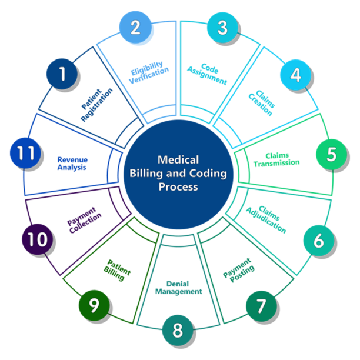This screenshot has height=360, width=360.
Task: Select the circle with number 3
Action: click(222, 28)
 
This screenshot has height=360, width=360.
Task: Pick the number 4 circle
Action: click(295, 75)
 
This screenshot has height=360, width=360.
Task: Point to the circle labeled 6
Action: click(318, 240)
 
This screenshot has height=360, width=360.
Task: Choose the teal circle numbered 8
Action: click(178, 330)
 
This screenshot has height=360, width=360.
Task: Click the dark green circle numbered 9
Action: click(94, 306)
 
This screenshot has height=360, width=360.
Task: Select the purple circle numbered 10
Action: click(37, 240)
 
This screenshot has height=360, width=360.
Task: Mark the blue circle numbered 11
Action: click(25, 154)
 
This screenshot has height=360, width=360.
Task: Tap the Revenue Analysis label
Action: click(72, 163)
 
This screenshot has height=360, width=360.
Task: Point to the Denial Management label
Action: click(179, 286)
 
